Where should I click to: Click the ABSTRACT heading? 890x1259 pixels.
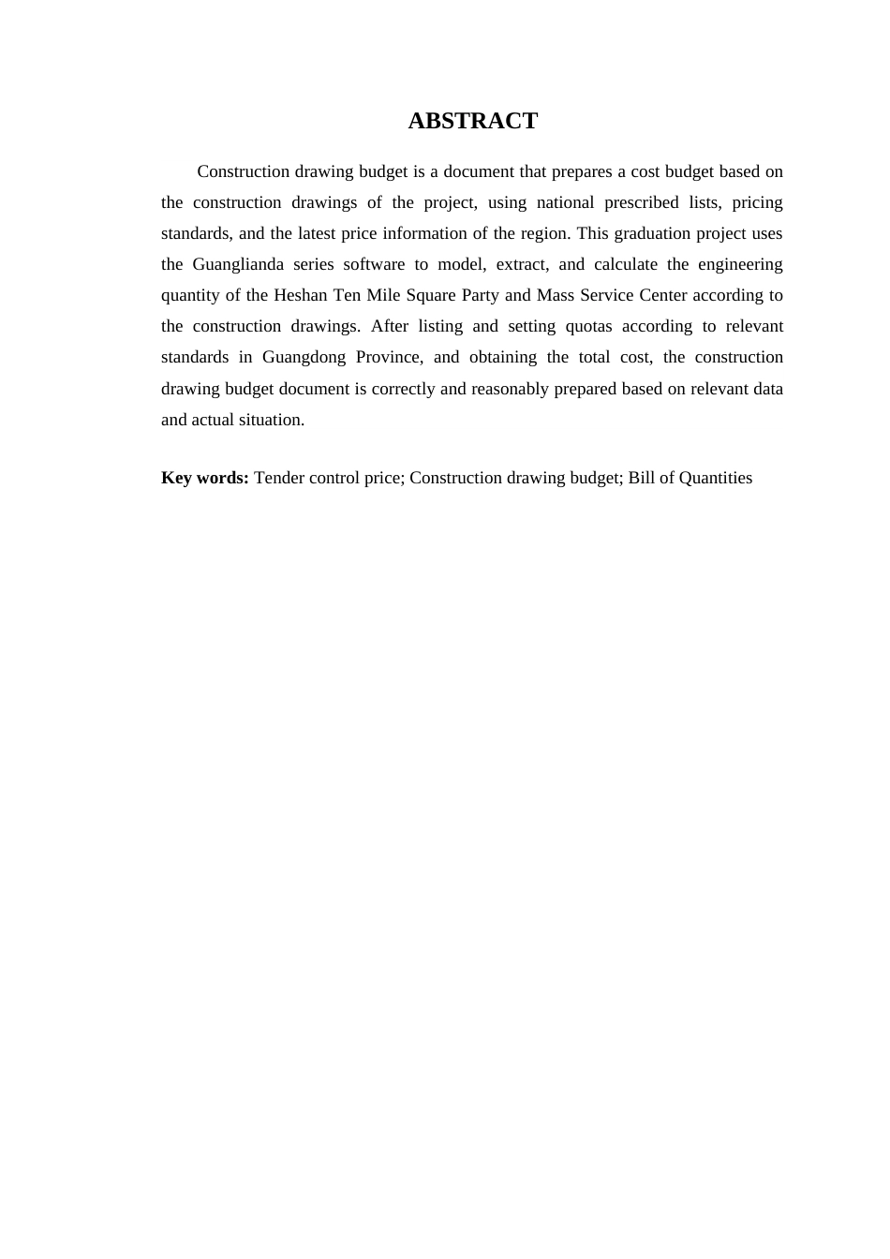tap(472, 121)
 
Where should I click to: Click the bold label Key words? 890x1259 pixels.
tap(204, 478)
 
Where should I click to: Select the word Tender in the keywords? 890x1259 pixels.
tap(279, 478)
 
